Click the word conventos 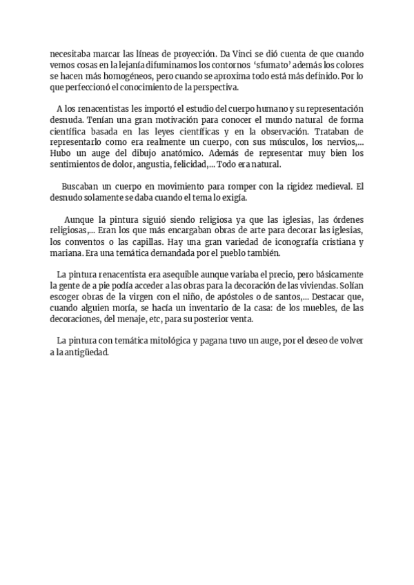(84, 243)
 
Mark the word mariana (66, 254)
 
